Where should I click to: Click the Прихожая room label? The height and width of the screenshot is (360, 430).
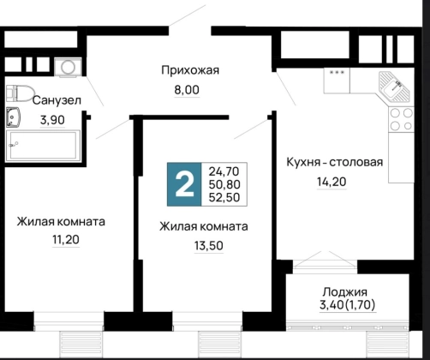pos(190,70)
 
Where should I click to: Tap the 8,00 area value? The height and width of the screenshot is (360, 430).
pos(187,90)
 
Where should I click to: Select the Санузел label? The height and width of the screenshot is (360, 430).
pos(57,100)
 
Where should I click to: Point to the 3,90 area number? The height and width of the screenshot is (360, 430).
pos(52,120)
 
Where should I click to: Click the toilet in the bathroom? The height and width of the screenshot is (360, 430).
pos(20,93)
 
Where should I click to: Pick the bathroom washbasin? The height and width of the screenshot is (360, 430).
pos(13,117)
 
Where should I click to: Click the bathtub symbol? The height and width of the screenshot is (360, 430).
pos(43,145)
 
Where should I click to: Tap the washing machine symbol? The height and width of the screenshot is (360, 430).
pos(68,67)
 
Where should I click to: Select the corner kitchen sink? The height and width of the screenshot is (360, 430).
pos(394,87)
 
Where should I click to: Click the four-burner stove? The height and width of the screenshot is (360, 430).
pos(401,119)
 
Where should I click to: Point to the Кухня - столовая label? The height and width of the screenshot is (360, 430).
pos(335,162)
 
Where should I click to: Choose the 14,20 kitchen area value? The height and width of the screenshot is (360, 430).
pos(331,182)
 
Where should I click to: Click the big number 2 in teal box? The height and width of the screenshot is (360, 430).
pos(184,184)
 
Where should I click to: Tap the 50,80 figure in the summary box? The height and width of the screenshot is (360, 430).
pos(224,184)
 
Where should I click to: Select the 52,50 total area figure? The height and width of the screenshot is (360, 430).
pos(224,197)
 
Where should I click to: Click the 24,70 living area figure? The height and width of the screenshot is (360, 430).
pos(224,171)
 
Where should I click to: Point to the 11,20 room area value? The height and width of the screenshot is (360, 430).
pos(66,240)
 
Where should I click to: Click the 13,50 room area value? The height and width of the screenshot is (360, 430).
pos(209,246)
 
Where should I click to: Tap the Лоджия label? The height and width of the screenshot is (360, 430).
pos(345,292)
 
